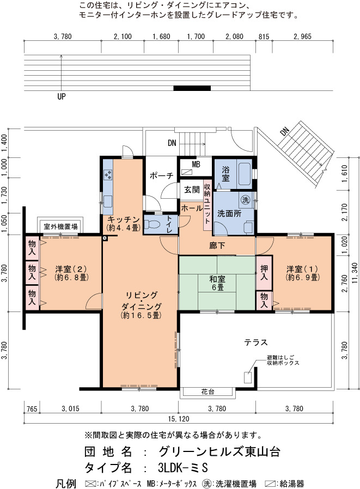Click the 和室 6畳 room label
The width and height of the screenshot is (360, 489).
pos(217,283)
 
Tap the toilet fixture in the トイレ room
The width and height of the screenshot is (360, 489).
pos(152,224)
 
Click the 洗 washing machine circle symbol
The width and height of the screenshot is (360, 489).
pos(246,200)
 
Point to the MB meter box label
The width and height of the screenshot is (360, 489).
pos(196,164)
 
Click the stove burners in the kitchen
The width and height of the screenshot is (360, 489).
pos(108,174)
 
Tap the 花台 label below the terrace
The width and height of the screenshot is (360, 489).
pos(208,392)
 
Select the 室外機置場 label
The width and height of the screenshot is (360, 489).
pos(60,227)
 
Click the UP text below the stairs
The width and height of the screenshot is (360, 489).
pos(61,96)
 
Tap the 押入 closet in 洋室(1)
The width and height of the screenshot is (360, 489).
pos(264,272)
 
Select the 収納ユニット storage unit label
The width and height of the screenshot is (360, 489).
pos(207,203)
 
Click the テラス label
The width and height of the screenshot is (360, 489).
pos(256,343)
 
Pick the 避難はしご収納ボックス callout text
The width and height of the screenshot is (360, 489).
pos(282,360)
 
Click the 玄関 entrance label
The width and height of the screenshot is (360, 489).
pos(192,190)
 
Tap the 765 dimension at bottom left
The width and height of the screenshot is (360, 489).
pos(32,408)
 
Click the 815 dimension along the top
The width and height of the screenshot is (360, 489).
pos(264,37)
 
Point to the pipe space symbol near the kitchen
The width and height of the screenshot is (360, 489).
pos(105,239)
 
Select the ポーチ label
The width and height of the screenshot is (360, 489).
pos(161,175)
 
